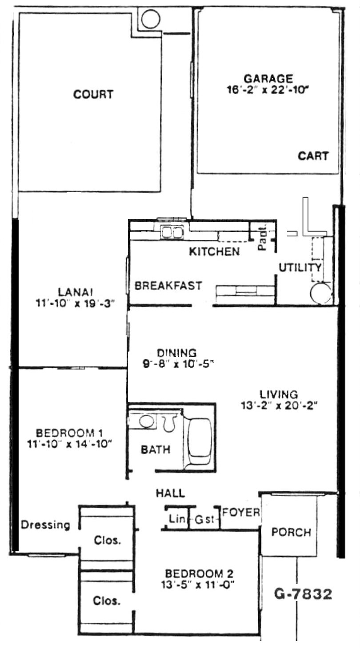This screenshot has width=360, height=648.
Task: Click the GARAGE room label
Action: point(268,79)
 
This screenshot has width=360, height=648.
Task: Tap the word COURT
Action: point(93,94)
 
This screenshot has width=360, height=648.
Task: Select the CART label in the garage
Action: point(313,156)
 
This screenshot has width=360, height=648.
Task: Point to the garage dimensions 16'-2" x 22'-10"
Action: point(268,89)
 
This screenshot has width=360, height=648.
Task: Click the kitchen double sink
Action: point(172,232)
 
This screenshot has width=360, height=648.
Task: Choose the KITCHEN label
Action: point(214,251)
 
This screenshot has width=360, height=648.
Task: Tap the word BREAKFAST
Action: point(168,286)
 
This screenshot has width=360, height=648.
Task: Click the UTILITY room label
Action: point(300,267)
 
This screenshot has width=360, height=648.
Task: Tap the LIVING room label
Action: point(279,394)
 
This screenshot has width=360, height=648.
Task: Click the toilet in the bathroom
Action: point(168,423)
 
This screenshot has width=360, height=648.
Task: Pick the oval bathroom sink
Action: point(146,420)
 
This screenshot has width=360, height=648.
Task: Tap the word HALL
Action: point(170,493)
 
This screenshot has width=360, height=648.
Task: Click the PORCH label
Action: point(291,532)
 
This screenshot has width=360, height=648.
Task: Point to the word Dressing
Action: point(46,525)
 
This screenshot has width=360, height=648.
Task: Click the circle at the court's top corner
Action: point(150,19)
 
